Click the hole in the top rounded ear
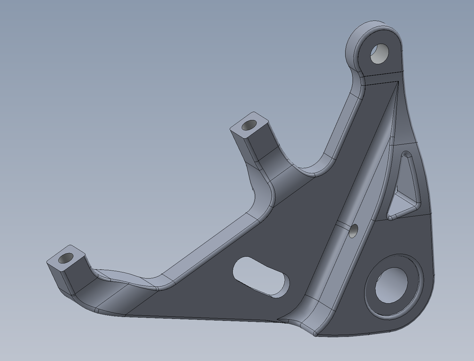379,53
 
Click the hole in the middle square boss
249,125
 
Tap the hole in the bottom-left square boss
67,258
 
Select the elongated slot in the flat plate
261,277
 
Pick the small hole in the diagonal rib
354,231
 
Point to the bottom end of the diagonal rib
307,321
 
